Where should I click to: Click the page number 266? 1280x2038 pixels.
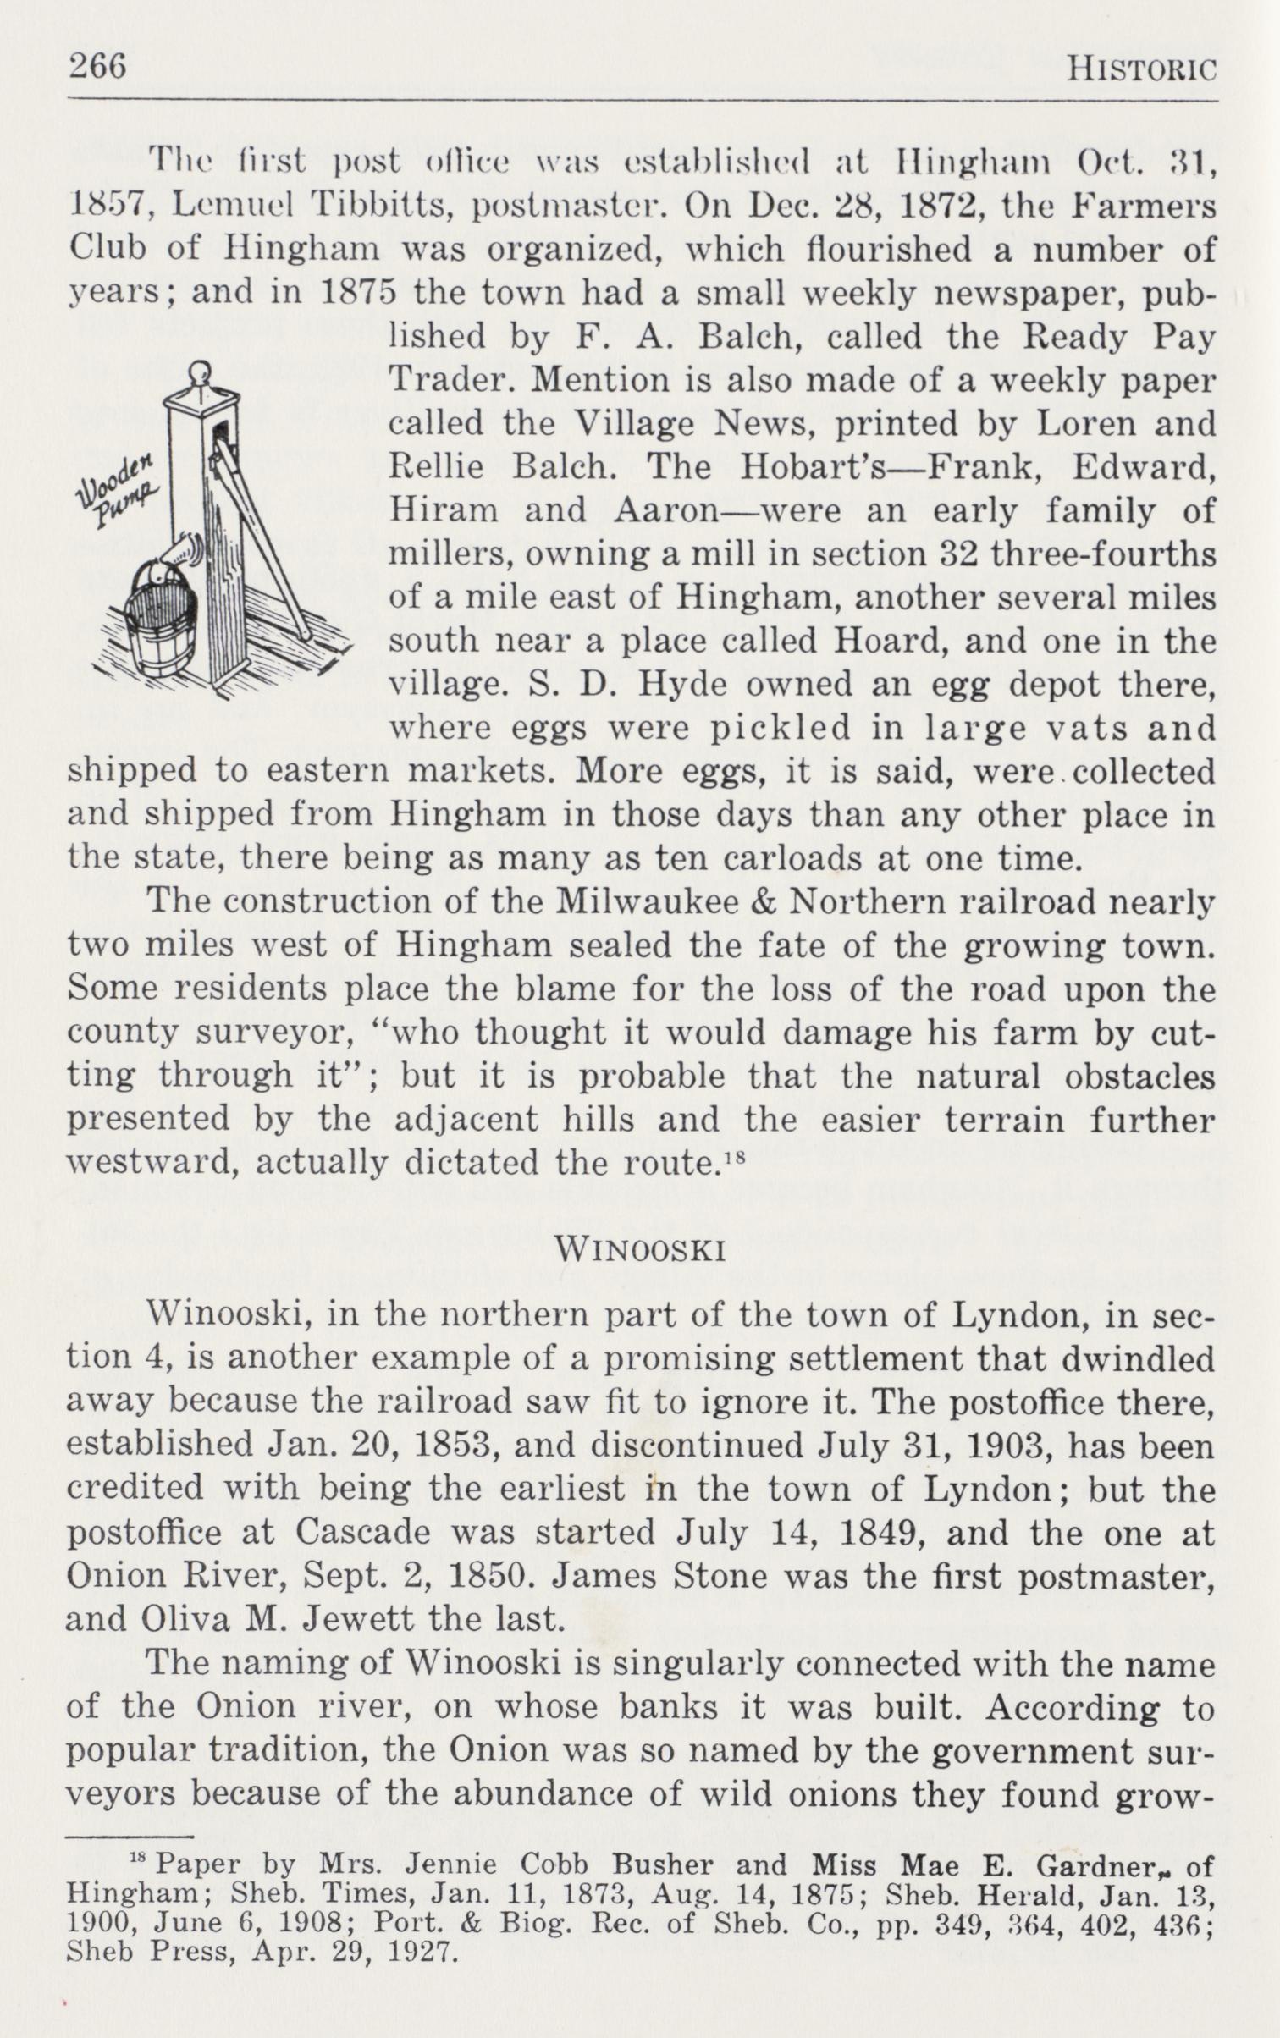tap(97, 65)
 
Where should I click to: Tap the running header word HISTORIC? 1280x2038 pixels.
tap(1140, 68)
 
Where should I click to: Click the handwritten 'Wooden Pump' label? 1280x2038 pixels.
tap(119, 490)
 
